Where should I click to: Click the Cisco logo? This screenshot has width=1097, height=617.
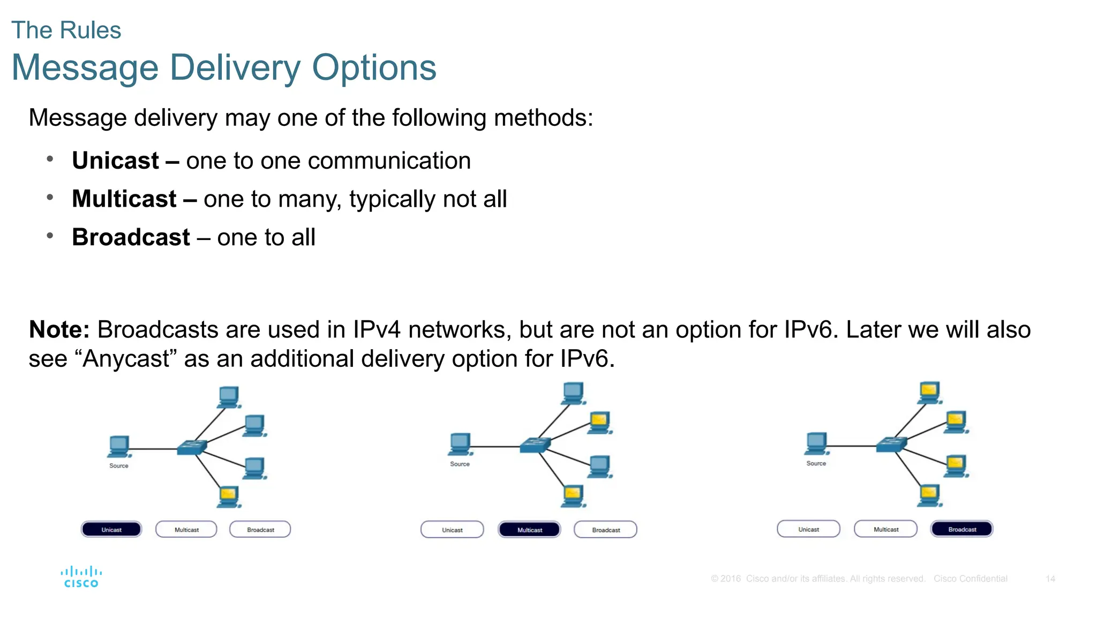click(x=81, y=577)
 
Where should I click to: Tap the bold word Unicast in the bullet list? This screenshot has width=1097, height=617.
click(x=115, y=161)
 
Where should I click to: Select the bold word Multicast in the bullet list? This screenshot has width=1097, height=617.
click(x=124, y=199)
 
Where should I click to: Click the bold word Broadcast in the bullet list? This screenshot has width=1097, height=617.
click(x=131, y=237)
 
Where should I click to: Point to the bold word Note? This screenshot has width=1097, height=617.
click(x=59, y=329)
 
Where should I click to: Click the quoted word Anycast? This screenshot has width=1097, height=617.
click(x=126, y=359)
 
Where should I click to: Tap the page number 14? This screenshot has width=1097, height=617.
click(x=1050, y=579)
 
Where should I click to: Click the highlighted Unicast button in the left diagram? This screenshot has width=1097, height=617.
click(x=111, y=530)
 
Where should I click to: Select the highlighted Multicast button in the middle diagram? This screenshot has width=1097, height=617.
click(x=529, y=530)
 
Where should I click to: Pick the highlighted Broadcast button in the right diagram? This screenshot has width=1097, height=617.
click(x=962, y=529)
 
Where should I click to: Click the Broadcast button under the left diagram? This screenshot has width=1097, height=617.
click(x=260, y=530)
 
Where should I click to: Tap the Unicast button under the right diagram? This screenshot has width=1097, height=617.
click(x=808, y=529)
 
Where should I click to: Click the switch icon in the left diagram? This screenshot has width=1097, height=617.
click(x=192, y=447)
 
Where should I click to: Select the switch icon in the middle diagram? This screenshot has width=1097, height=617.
click(x=535, y=445)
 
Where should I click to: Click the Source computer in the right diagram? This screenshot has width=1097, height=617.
click(x=816, y=443)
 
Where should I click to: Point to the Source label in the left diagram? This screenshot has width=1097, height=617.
click(x=119, y=466)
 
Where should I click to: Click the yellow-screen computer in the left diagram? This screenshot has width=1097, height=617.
click(x=229, y=496)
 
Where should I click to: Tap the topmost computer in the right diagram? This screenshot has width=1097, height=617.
click(x=930, y=393)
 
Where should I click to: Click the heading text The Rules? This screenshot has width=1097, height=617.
click(x=66, y=31)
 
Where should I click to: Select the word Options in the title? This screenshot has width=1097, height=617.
click(x=374, y=68)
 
